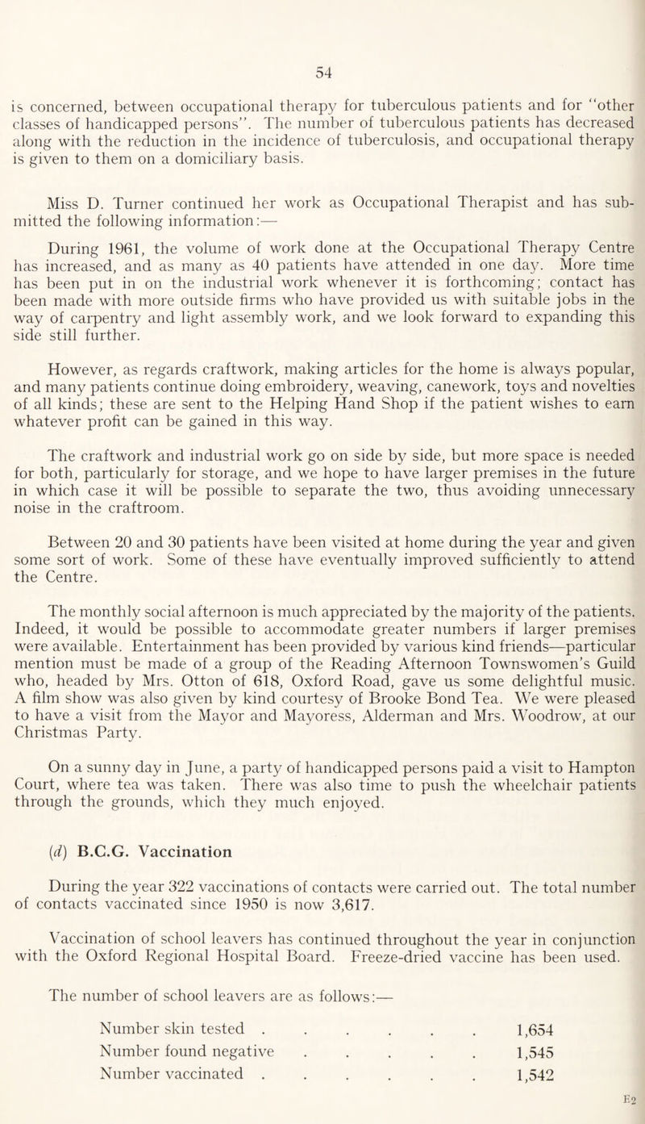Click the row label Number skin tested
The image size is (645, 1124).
coord(172,1047)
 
